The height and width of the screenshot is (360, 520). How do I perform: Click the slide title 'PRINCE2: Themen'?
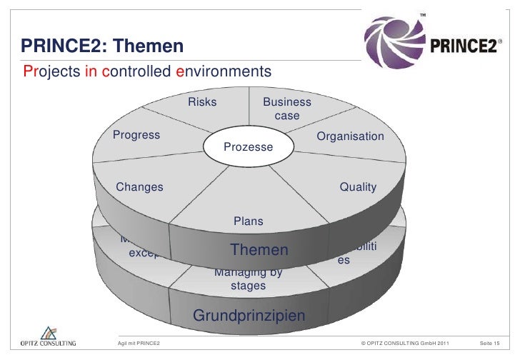tap(103, 48)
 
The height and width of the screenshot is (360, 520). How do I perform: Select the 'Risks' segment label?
tap(202, 102)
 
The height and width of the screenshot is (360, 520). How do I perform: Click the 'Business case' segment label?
tap(287, 109)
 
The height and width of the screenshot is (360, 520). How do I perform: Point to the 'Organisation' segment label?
tap(350, 136)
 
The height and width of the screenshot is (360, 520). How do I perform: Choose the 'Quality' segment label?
tap(358, 187)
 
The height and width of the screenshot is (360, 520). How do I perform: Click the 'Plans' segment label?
tap(248, 221)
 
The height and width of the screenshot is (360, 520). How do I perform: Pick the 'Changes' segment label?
tap(139, 187)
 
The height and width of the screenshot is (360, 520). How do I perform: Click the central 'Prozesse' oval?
tap(249, 146)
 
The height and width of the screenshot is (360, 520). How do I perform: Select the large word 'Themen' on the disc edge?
tap(259, 250)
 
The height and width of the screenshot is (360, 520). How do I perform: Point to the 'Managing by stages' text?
tap(248, 279)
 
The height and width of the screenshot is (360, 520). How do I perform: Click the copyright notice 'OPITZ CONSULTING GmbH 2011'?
tap(406, 345)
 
